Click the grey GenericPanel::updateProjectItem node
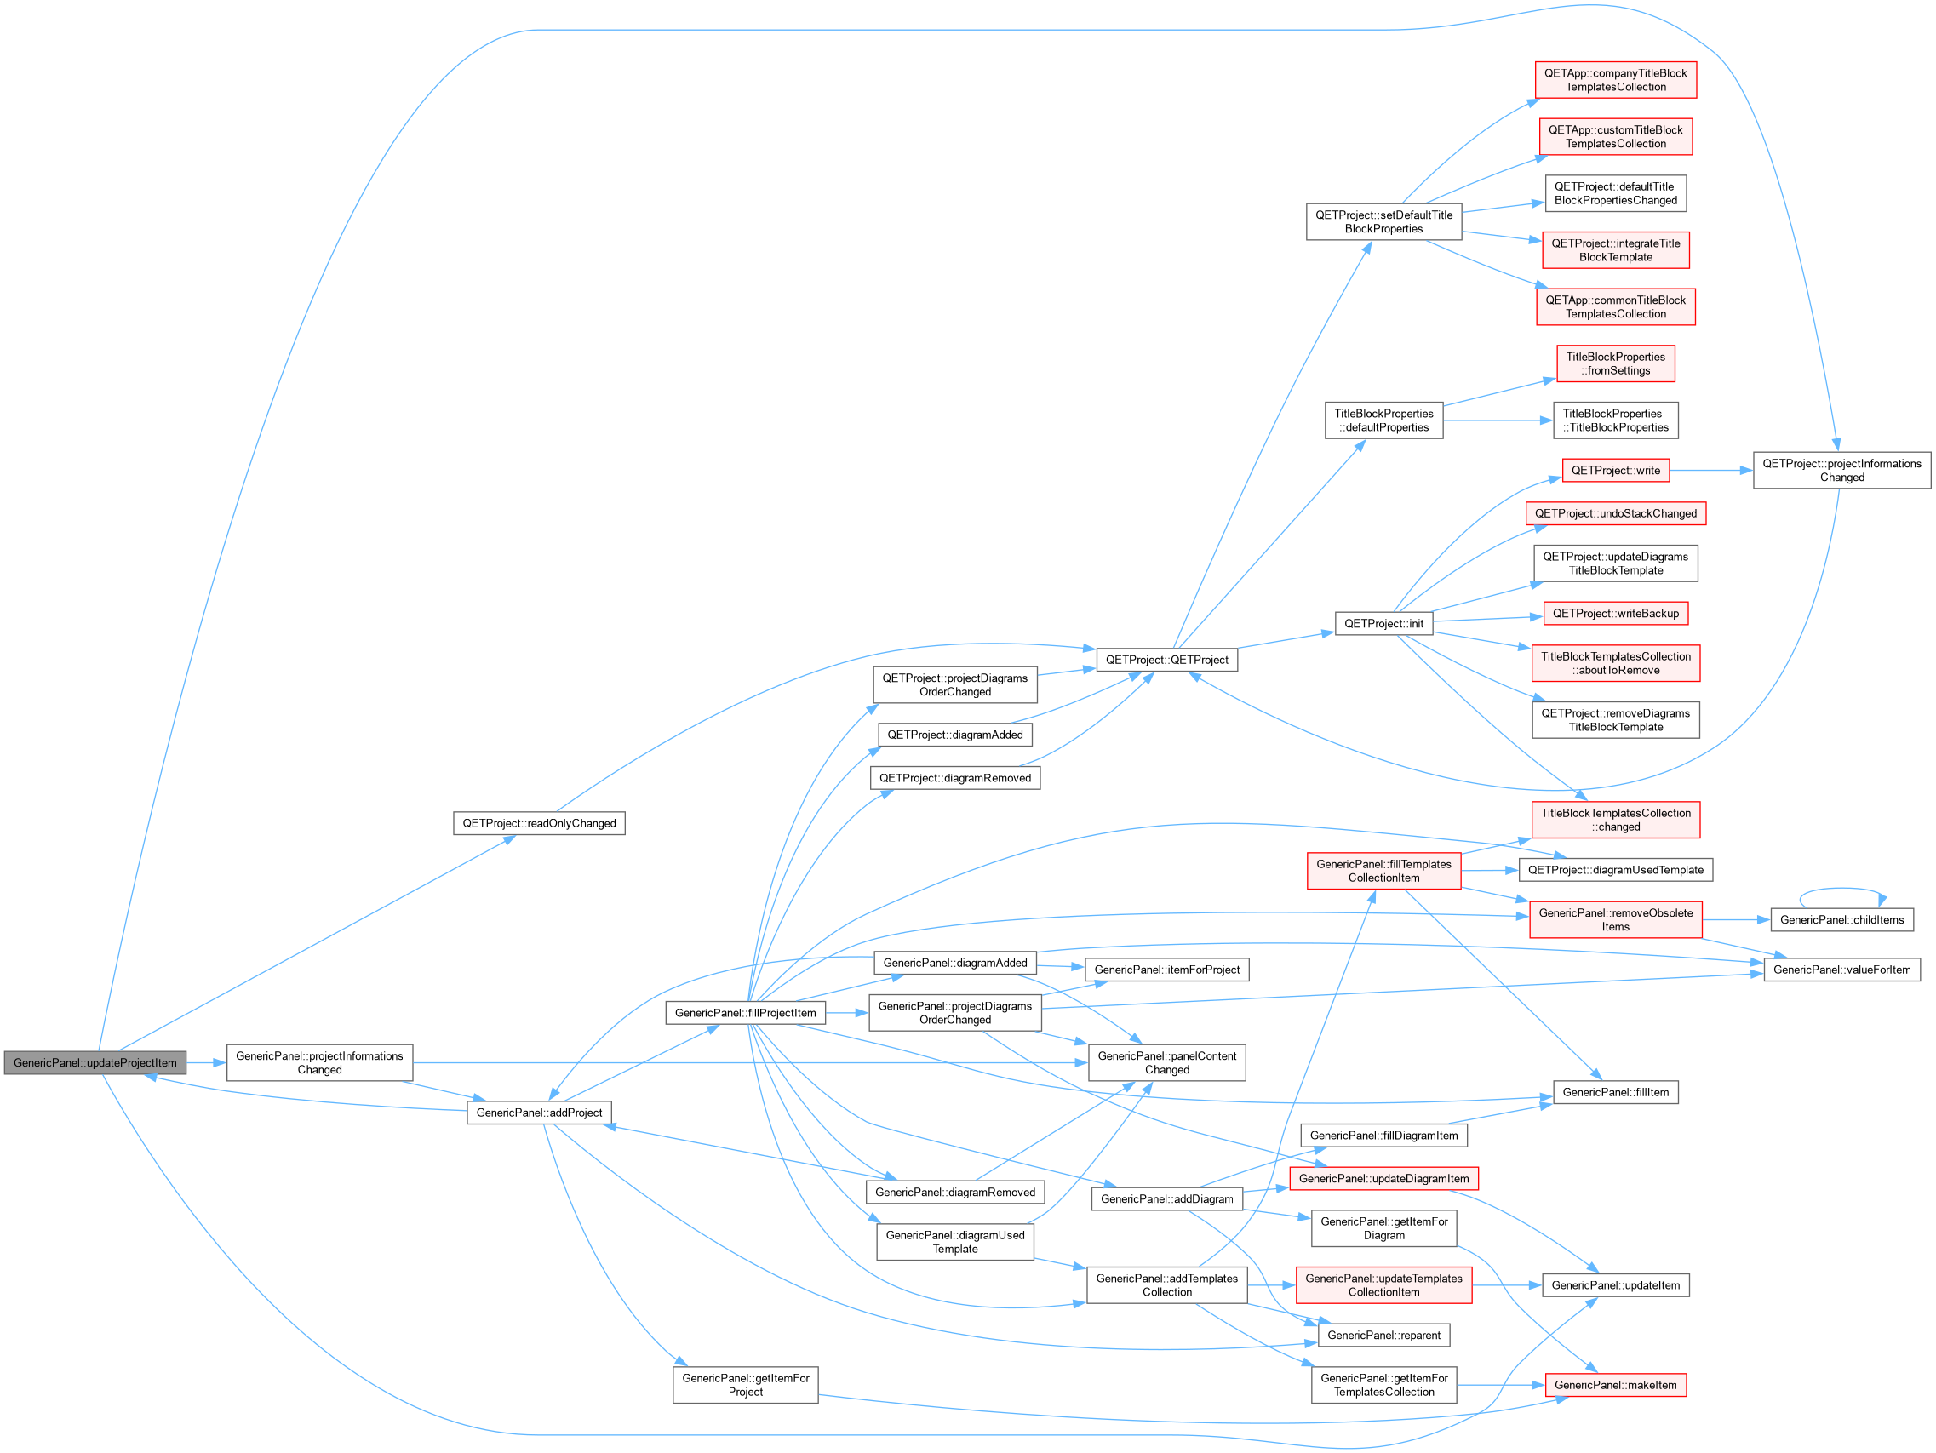95,1062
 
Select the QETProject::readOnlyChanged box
539,823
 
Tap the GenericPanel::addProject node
539,1113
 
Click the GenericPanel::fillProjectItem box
746,1013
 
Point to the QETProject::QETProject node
1166,660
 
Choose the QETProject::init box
1383,623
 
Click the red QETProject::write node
1616,470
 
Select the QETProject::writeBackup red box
1616,614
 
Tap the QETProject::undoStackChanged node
1616,514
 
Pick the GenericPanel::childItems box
1842,920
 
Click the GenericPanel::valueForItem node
1842,970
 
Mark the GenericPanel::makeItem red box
1616,1385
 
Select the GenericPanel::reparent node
1383,1335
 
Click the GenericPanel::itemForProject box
1166,970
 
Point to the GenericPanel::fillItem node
1616,1092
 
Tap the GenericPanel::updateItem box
1616,1285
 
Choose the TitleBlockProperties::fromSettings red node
1616,363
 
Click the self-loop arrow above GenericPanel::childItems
1841,890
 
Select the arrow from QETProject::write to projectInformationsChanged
1712,470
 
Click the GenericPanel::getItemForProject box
746,1385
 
